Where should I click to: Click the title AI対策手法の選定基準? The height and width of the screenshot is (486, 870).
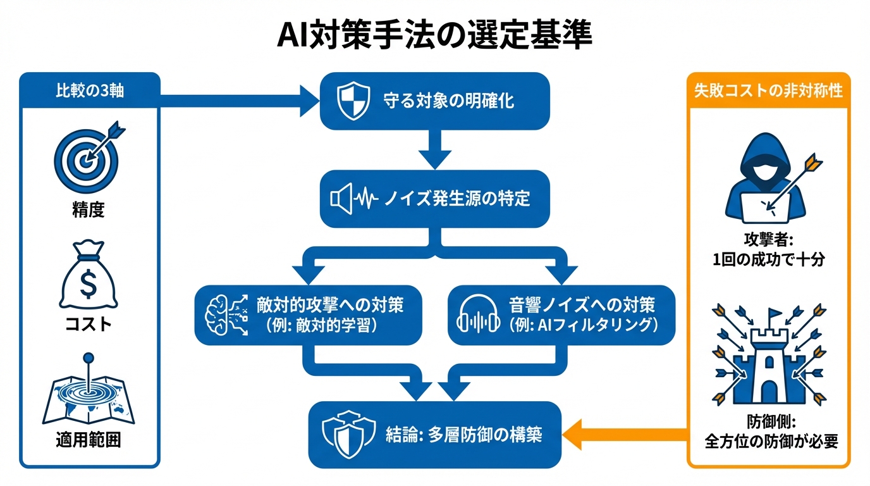(435, 36)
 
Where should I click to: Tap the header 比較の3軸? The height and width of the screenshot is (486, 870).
(89, 90)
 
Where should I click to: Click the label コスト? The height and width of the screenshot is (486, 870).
(89, 324)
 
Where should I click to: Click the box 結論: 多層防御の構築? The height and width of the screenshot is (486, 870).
(434, 435)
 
